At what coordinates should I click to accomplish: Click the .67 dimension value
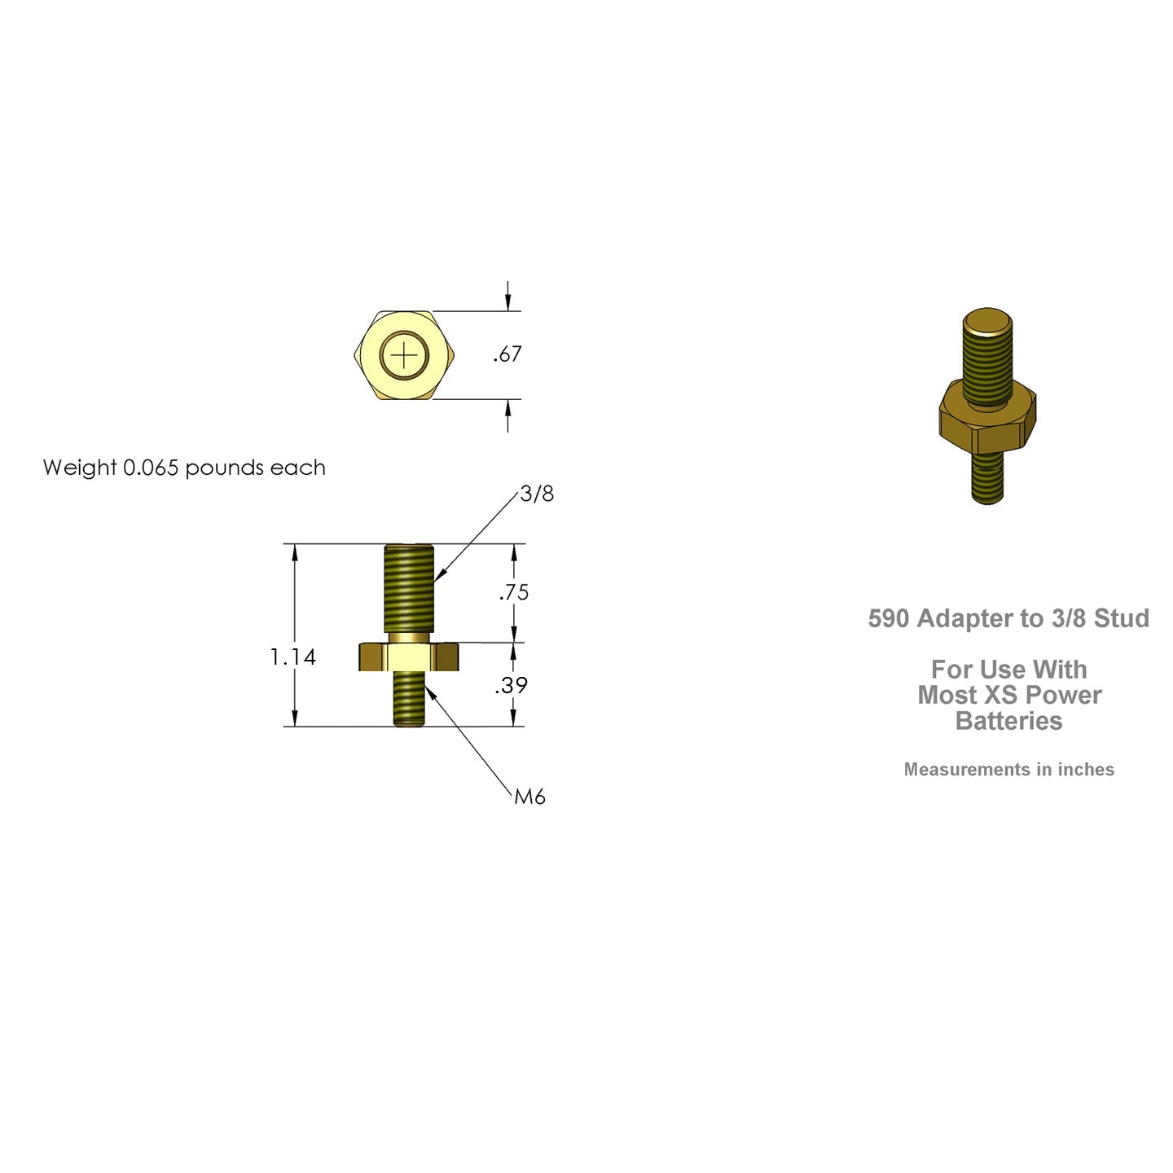coord(507,354)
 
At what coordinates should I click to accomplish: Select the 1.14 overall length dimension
coord(292,657)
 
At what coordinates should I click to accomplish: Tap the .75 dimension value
coord(514,592)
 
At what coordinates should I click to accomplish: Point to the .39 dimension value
coord(512,686)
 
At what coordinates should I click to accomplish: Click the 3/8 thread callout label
coord(537,494)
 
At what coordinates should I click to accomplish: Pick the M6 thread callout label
coord(529,797)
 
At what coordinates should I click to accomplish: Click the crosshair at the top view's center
coord(405,355)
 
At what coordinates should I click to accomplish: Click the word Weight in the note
coord(79,468)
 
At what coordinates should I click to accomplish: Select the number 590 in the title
coord(888,619)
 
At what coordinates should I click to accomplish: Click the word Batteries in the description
coord(1008,721)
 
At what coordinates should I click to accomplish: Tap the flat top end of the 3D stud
coord(987,320)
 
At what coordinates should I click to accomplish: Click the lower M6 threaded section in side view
coord(409,698)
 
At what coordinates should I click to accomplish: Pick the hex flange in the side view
coord(409,657)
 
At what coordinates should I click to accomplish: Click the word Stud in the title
coord(1122,619)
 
